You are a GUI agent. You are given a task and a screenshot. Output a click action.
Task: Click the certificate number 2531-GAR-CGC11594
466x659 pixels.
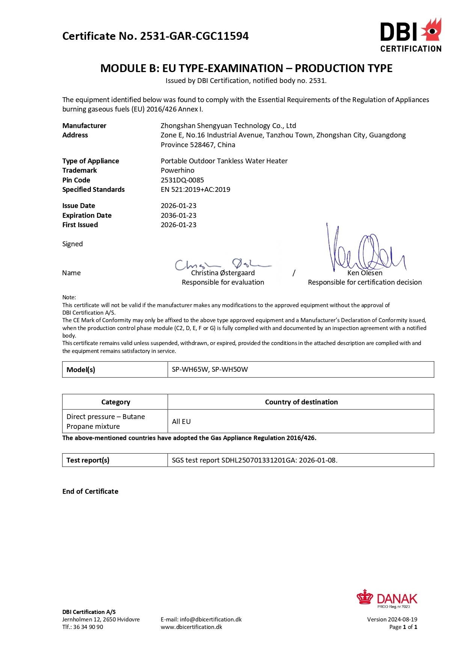point(194,36)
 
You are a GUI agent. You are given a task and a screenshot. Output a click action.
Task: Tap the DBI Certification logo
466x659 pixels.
point(410,35)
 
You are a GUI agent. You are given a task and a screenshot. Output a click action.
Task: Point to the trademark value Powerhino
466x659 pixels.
point(178,170)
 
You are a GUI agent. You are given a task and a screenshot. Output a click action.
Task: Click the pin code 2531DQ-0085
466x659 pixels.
point(182,180)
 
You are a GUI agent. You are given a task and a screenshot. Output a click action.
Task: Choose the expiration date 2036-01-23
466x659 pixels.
point(178,216)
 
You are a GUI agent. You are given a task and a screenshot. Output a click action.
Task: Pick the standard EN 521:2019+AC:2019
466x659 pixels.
point(195,190)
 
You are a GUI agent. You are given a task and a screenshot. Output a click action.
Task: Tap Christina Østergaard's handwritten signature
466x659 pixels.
point(222,264)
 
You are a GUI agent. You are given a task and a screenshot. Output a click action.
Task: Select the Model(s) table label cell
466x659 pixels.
point(115,369)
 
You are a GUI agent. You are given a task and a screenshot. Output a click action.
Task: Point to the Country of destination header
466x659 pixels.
point(301,402)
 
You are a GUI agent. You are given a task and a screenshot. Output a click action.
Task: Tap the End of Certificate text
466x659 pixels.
point(90,492)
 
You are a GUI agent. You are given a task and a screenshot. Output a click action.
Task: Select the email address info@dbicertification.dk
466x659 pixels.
point(211,620)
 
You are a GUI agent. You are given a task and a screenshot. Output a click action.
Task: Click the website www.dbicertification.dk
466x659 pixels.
point(192,627)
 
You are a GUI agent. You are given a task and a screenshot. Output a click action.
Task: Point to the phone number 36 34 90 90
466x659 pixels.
point(88,627)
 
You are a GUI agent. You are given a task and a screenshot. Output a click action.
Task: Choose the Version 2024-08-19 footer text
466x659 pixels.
point(392,620)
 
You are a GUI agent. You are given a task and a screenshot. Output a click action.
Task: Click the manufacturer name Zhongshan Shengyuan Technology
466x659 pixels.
point(228,126)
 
